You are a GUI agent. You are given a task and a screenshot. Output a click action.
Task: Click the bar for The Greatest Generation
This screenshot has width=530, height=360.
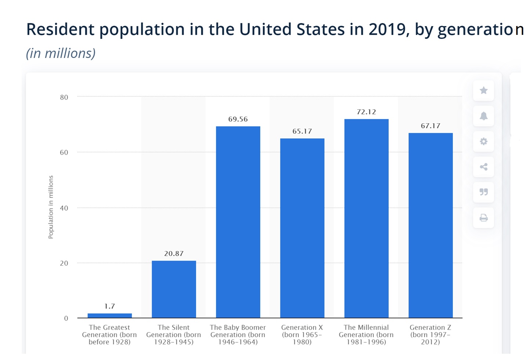109,316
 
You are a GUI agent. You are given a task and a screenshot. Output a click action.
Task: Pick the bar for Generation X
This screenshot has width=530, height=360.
302,228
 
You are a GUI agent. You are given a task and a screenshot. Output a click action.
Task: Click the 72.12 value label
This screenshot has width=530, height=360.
366,112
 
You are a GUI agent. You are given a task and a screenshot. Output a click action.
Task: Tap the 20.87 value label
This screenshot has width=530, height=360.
174,254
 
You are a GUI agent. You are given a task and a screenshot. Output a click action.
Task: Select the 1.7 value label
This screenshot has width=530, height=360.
109,306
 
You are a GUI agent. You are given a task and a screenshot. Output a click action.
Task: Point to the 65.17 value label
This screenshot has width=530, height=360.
302,131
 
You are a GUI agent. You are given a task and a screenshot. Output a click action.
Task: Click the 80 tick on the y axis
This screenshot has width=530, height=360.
64,97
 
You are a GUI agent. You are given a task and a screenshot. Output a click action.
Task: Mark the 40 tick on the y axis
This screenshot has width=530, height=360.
64,208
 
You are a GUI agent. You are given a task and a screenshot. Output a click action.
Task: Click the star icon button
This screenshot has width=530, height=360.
483,91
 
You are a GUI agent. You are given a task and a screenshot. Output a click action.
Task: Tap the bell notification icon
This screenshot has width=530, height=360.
483,116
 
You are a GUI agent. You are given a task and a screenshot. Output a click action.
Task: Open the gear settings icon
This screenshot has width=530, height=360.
483,141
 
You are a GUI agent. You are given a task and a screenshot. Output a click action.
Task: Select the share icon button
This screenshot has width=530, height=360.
483,167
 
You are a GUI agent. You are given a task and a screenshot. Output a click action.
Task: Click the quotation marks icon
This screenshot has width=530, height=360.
483,192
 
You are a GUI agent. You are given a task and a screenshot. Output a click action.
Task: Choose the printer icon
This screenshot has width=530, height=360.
483,218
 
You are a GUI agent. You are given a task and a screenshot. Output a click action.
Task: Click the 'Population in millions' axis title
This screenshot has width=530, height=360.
51,207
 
